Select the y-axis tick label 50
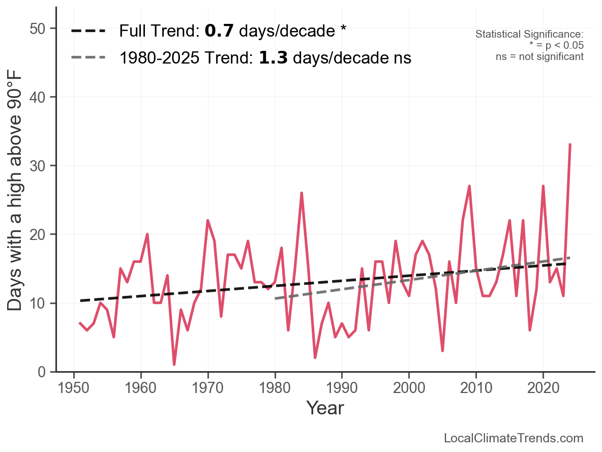pyautogui.click(x=38, y=28)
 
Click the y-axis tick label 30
pyautogui.click(x=38, y=166)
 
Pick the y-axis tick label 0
pyautogui.click(x=43, y=372)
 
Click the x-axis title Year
pyautogui.click(x=325, y=408)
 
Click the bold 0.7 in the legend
pyautogui.click(x=219, y=32)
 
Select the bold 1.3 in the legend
pyautogui.click(x=274, y=58)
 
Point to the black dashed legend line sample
pyautogui.click(x=88, y=32)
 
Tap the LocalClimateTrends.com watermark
pyautogui.click(x=514, y=438)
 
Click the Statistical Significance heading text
pyautogui.click(x=529, y=34)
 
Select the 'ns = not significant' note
pyautogui.click(x=539, y=56)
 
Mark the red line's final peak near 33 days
pyautogui.click(x=570, y=145)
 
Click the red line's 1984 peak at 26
pyautogui.click(x=302, y=193)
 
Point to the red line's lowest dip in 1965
pyautogui.click(x=174, y=365)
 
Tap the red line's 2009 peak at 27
pyautogui.click(x=469, y=186)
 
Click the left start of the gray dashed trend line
pyautogui.click(x=275, y=298)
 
